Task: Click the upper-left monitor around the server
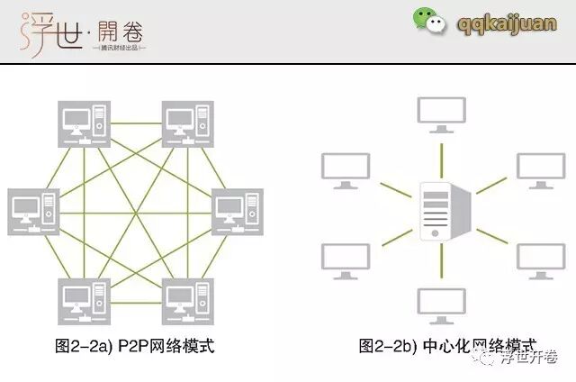[x=343, y=169]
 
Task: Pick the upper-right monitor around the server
[x=540, y=169]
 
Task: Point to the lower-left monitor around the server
[x=343, y=257]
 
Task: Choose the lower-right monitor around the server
[x=540, y=257]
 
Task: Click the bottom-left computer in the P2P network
[x=83, y=299]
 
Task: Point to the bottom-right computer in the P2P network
[x=186, y=299]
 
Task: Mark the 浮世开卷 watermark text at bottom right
[x=530, y=357]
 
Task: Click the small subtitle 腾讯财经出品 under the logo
[x=112, y=47]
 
